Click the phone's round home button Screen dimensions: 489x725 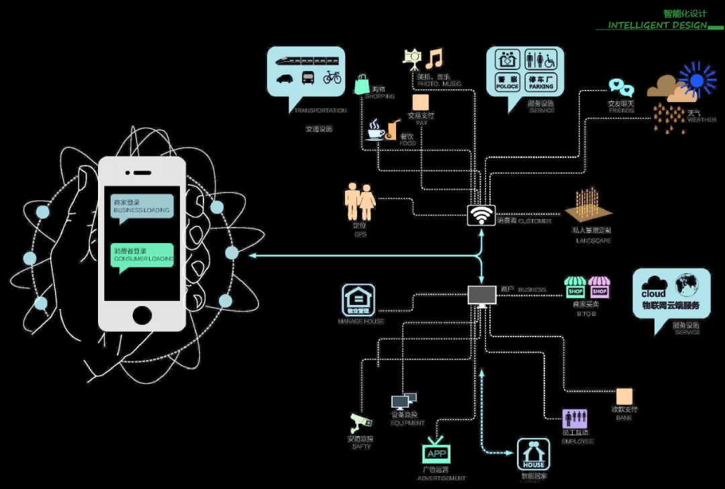click(x=142, y=314)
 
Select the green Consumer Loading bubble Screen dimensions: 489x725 click(x=142, y=255)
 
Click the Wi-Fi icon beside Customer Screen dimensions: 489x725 click(x=481, y=215)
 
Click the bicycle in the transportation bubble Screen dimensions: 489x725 click(x=332, y=77)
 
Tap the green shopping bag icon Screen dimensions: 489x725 click(x=362, y=85)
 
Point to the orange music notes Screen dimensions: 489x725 click(x=434, y=58)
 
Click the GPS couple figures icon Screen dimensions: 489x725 click(x=360, y=202)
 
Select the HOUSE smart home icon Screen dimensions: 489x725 click(x=534, y=455)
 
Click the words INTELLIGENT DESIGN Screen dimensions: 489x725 click(x=657, y=26)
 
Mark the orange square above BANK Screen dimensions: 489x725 click(x=624, y=396)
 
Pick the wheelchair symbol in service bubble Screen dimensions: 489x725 click(x=549, y=60)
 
